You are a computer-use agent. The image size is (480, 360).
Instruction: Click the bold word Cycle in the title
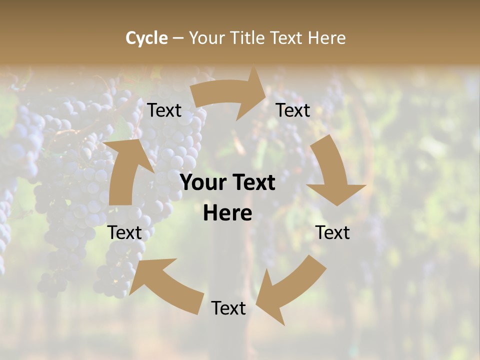tap(146, 38)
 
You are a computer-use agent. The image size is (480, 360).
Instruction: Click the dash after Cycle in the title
tap(177, 38)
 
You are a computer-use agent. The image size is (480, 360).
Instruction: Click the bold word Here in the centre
tap(227, 213)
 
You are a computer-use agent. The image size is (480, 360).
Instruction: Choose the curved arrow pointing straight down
tap(332, 170)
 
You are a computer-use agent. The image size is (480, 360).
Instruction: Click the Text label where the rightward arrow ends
tap(293, 110)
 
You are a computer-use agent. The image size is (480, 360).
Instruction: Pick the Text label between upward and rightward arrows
tap(164, 110)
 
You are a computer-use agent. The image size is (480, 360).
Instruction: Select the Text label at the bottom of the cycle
tap(228, 308)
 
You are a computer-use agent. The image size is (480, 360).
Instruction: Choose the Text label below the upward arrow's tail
tap(125, 232)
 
